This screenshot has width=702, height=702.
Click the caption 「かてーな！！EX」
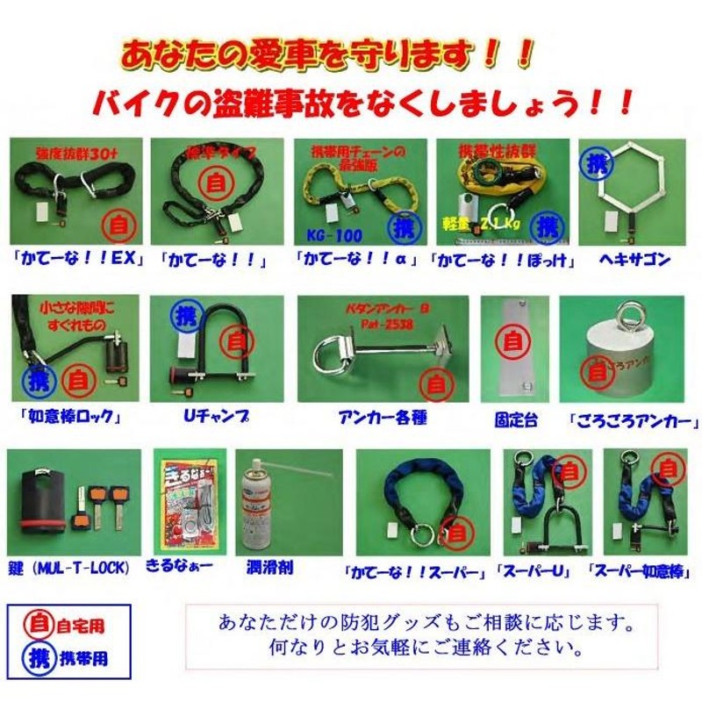(x=78, y=259)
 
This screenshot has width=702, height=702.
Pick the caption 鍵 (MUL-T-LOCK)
(x=70, y=568)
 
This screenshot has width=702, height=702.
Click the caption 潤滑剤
(x=270, y=568)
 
